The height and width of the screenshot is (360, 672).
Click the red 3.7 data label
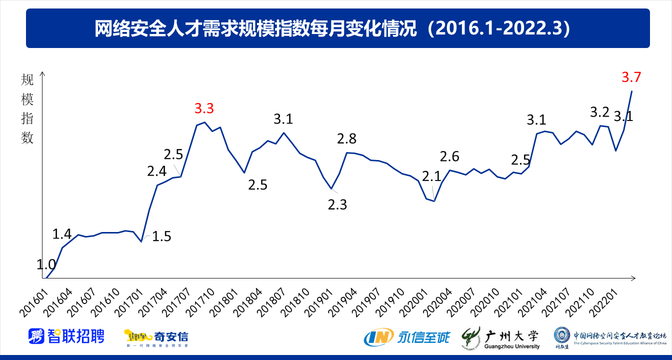click(x=631, y=77)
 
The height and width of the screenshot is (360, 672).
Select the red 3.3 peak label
click(x=204, y=108)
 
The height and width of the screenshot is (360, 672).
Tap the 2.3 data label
click(x=337, y=204)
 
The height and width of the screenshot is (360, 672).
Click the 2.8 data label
click(x=346, y=138)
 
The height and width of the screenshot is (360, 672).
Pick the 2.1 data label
click(x=431, y=176)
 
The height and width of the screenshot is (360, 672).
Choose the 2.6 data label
click(x=449, y=156)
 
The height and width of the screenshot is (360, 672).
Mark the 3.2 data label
click(x=599, y=112)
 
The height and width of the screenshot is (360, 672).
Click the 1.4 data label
click(x=62, y=233)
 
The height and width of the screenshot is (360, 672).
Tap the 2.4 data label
click(x=156, y=171)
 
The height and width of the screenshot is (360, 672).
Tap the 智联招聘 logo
click(x=66, y=336)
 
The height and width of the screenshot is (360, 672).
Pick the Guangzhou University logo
click(x=500, y=337)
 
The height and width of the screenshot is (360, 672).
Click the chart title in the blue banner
click(x=337, y=28)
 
